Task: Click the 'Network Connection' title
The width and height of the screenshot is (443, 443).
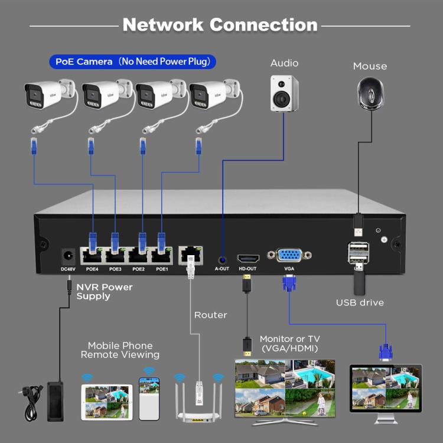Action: [220, 25]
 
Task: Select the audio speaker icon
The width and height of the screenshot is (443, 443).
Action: [284, 93]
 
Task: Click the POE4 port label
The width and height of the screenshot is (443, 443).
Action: [92, 269]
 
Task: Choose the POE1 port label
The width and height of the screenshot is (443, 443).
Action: [162, 269]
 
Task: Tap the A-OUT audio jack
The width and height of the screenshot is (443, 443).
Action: [222, 258]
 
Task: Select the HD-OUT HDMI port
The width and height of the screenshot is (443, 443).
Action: [247, 258]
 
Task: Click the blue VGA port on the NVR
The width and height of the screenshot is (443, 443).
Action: [289, 256]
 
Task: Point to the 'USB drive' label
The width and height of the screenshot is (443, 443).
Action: [360, 302]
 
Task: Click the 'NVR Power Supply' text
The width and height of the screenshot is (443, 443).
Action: [105, 291]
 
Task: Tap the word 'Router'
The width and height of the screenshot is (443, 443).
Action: [210, 315]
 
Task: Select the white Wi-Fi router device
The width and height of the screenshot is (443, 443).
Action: [199, 402]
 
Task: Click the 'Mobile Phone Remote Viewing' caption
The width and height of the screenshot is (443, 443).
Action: [120, 350]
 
